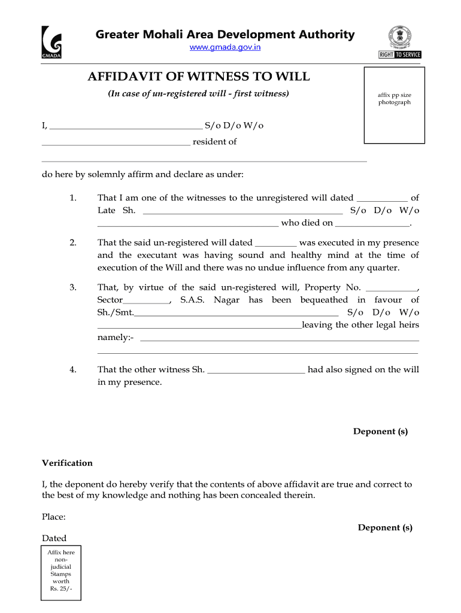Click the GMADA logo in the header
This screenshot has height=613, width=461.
pos(51,43)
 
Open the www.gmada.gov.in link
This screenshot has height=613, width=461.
pos(225,47)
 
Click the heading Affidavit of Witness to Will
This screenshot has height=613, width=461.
pos(199,77)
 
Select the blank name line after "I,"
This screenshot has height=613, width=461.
pos(126,126)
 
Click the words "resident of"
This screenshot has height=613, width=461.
pos(214,142)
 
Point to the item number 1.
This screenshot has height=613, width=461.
pos(72,198)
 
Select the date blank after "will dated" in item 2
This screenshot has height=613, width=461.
pos(276,244)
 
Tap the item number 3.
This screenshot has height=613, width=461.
pos(72,287)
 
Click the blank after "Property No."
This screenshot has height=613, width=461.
pos(390,288)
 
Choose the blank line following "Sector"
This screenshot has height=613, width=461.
pos(147,301)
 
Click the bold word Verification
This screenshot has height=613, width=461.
pos(67,463)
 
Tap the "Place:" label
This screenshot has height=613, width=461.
pos(53,516)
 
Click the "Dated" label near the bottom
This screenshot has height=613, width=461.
pos(54,538)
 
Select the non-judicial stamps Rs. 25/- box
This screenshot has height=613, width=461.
pos(61,571)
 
